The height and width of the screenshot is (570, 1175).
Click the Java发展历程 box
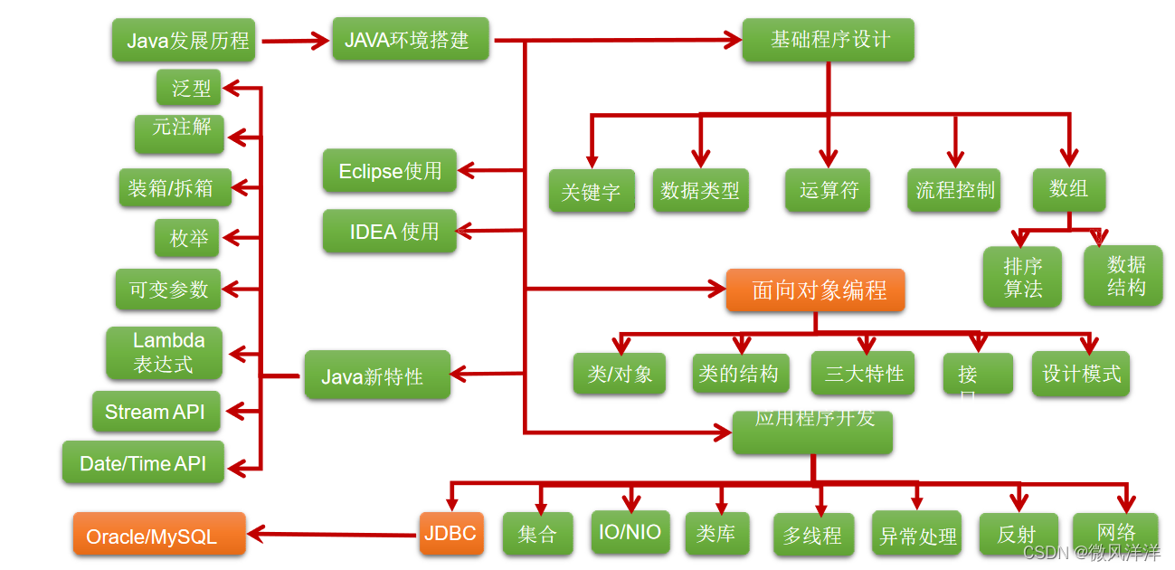coord(184,41)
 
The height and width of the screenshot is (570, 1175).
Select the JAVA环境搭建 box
coord(410,40)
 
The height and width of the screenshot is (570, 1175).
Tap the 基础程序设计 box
coord(828,40)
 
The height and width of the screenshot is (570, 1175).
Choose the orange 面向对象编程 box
coord(815,290)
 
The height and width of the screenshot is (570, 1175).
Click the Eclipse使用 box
coord(389,171)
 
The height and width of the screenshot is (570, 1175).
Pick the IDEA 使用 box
coord(389,232)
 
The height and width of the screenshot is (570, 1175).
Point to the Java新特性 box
coord(376,375)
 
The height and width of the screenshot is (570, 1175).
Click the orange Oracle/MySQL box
coord(158,535)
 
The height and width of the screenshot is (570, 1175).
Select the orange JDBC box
coord(450,533)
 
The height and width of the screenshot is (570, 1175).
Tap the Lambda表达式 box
coord(164,353)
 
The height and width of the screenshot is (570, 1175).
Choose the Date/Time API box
coord(143,463)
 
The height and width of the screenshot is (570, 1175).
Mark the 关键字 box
coord(592,191)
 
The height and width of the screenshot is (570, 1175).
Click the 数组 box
coord(1068,189)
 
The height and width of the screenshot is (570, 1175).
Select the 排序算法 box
coord(1022,277)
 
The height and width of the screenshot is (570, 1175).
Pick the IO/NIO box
coord(630,532)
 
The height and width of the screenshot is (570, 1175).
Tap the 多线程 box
coord(813,535)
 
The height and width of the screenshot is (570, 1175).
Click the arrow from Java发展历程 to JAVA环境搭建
coord(294,40)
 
